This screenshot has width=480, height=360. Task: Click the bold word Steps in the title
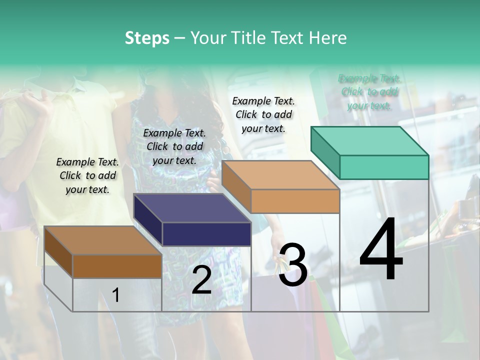coord(147,38)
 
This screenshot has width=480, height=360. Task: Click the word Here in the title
coord(328,38)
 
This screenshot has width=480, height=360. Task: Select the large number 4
coord(381,250)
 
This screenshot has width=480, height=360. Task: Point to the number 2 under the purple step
coord(201,280)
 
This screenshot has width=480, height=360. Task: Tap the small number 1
coord(115,295)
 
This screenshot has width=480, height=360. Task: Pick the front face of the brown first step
coord(117,266)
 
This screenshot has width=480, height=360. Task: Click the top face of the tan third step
coord(280,175)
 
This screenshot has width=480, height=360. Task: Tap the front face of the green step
coord(384,167)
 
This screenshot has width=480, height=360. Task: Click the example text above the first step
coord(87,175)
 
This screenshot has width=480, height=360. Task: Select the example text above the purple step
coord(174,146)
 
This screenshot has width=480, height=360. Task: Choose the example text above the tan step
coord(263,114)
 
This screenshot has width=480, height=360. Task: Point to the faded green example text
coord(369,91)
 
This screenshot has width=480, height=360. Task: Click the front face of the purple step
coord(206,234)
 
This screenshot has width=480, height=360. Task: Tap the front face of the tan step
coord(295,201)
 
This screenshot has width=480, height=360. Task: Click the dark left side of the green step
coord(325,152)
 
